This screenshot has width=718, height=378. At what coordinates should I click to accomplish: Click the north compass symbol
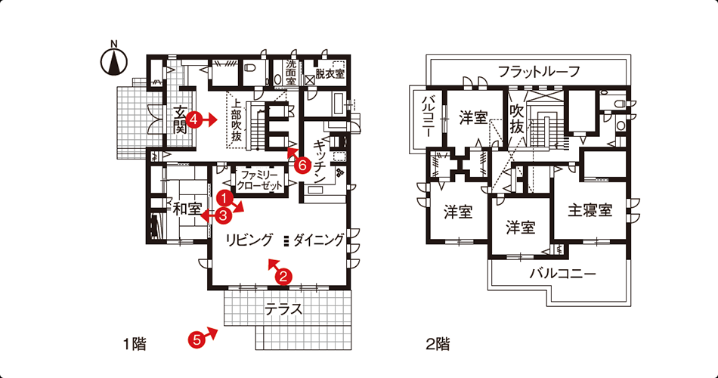114,60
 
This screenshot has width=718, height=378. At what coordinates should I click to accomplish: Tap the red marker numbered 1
224,197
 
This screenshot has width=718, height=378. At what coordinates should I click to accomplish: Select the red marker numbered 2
283,276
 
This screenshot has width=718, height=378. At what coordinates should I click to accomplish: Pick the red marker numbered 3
223,215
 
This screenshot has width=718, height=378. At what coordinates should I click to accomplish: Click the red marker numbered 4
193,120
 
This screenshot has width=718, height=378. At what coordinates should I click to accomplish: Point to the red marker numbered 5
196,339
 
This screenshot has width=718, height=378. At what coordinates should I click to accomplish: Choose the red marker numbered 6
301,166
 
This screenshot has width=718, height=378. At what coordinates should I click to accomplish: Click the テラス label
284,310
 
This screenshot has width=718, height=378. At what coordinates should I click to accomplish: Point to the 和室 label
187,209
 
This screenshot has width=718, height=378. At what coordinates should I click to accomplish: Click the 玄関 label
180,121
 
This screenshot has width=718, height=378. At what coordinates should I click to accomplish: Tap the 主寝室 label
590,210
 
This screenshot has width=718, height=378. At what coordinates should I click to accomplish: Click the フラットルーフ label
539,72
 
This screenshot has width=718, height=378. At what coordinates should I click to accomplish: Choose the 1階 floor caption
135,344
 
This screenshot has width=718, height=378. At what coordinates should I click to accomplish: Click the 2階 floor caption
438,344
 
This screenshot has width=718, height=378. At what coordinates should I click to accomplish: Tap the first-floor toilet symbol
250,68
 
